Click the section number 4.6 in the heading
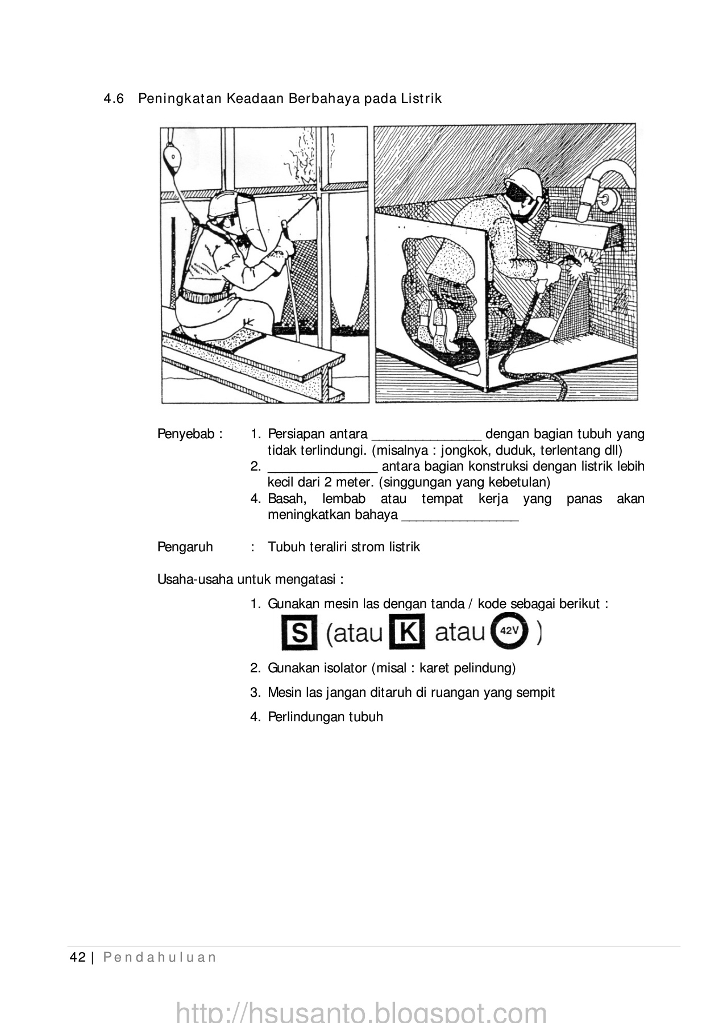click(114, 99)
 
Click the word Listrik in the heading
click(421, 99)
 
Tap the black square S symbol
click(299, 633)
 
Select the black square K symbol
click(407, 631)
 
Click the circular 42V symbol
click(509, 632)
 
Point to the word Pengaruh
click(185, 547)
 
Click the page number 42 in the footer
click(77, 958)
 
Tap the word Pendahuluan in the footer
click(160, 958)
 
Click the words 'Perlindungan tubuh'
click(325, 717)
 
